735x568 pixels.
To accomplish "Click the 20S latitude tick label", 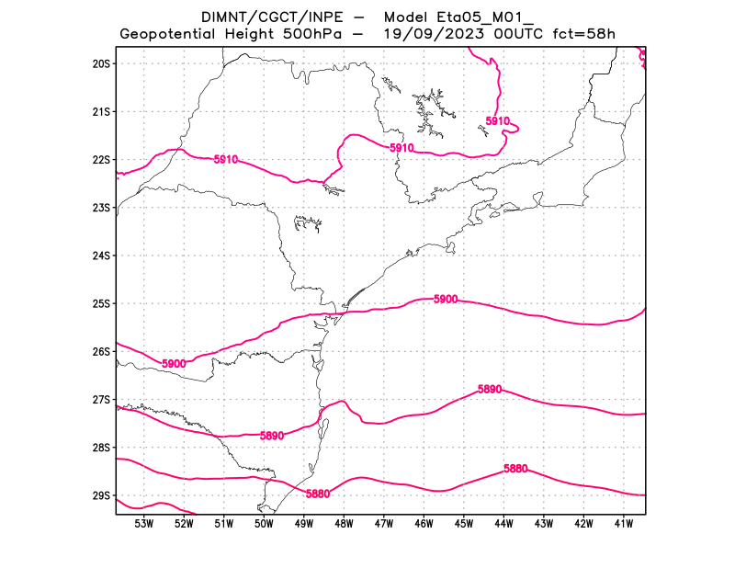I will (101, 63).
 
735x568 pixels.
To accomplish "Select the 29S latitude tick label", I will (101, 495).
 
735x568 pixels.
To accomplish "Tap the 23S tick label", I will (101, 208).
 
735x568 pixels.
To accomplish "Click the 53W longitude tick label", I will (143, 524).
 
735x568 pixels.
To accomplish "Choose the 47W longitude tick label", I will (383, 524).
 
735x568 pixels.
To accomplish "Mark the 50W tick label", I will (264, 524).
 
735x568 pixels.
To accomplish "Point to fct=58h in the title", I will (583, 34).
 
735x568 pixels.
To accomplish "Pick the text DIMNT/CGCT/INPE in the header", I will (260, 17).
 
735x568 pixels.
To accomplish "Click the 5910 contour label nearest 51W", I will (226, 160).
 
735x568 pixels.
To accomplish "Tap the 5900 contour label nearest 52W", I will (174, 364).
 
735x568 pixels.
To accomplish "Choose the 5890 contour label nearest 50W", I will (272, 436).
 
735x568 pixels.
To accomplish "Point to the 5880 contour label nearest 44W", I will (516, 469).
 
